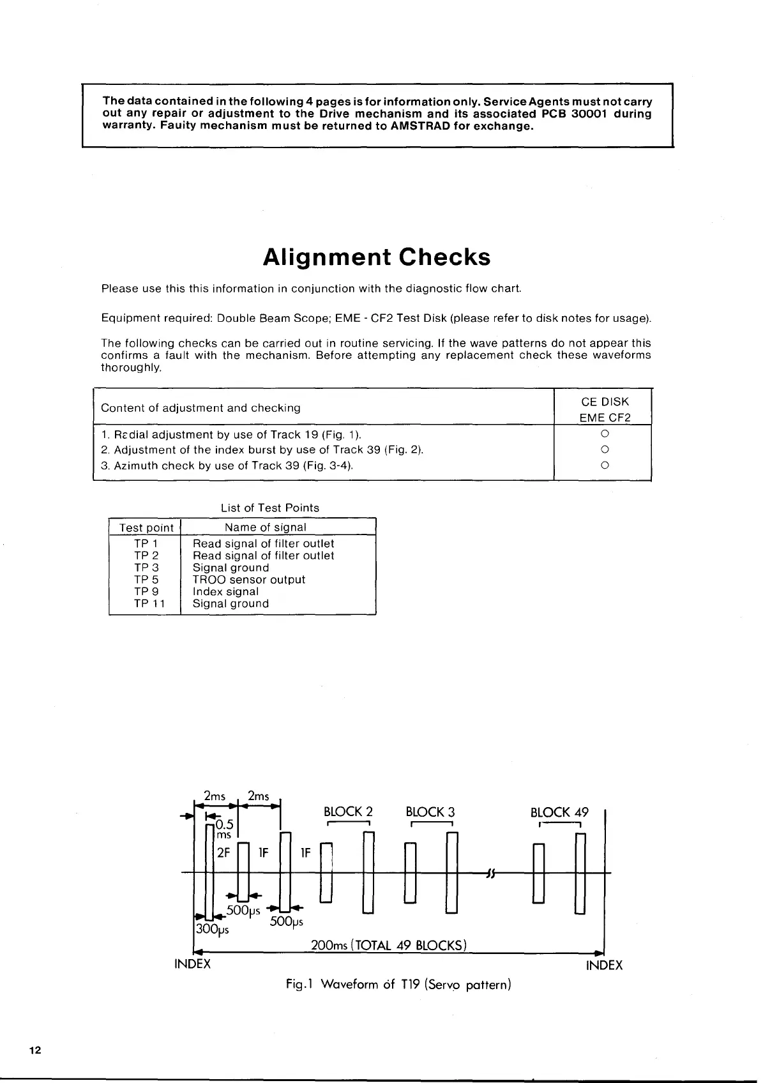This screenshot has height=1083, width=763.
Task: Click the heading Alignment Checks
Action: coord(377,257)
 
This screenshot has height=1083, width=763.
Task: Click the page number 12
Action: coord(34,1051)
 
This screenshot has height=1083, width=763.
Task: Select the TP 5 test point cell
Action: coord(146,580)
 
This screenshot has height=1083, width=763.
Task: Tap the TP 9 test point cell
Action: coord(146,592)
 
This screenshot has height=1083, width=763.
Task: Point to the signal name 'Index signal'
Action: coord(225,592)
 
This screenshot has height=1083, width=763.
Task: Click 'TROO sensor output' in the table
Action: coord(249,580)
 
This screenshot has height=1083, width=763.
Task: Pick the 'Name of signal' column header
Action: coord(265,527)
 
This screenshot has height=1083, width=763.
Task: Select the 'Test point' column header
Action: coord(146,527)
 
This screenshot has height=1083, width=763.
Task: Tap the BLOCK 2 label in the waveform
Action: coord(348,812)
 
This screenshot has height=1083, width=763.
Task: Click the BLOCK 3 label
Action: coord(430,812)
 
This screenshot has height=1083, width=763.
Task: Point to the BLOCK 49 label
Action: coord(559,812)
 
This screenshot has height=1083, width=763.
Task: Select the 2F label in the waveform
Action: coord(223,852)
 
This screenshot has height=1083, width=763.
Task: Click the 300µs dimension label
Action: coord(212,929)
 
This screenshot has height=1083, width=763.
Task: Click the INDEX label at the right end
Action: coord(604,966)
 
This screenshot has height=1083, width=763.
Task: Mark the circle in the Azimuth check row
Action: coord(604,466)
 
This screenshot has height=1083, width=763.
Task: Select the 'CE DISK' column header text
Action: coord(605,402)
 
